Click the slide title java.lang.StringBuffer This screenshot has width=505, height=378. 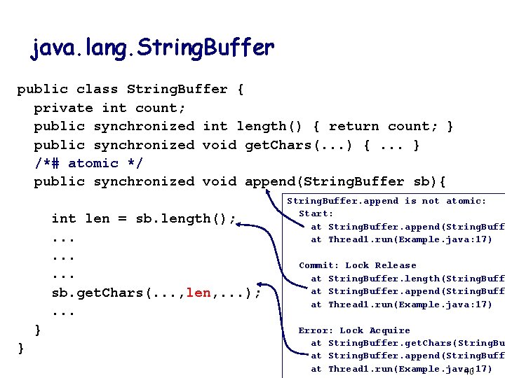tap(152, 48)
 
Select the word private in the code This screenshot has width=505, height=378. tap(63, 108)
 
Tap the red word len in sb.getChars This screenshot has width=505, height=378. tap(198, 293)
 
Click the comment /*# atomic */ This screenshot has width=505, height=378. tap(76, 163)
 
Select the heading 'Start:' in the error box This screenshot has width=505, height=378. tap(316, 213)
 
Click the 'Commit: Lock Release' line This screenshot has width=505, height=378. tap(357, 265)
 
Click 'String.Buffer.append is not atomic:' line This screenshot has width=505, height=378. tap(386, 201)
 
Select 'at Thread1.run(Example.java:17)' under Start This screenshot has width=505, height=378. tap(401, 239)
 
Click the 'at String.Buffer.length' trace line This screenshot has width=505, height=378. tap(407, 279)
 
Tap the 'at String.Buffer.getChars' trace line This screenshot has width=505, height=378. tap(407, 343)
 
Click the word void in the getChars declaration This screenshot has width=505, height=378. tap(220, 145)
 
